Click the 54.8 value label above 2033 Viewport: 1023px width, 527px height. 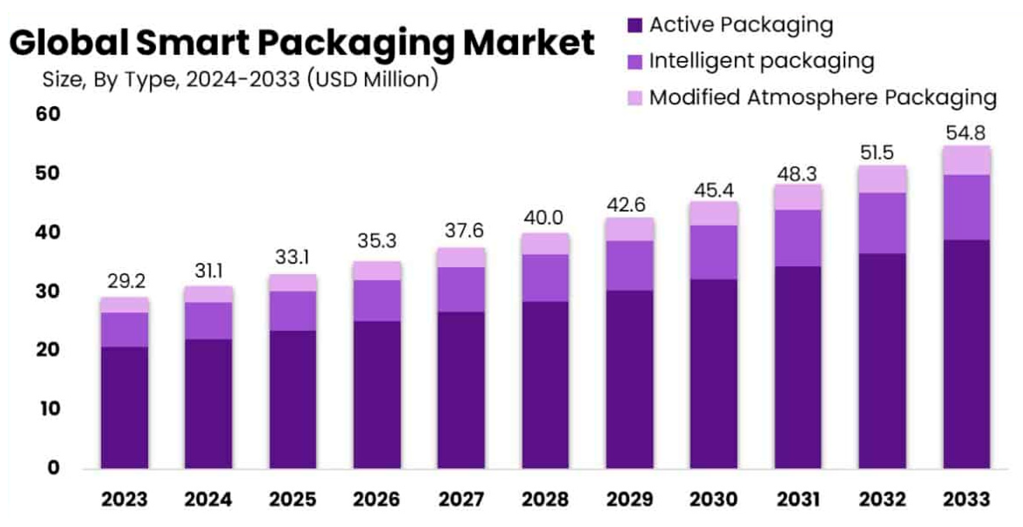point(965,133)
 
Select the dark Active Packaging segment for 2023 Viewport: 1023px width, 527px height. point(124,407)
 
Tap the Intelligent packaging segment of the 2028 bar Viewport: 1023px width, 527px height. point(545,278)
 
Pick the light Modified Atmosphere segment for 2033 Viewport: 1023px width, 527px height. point(966,161)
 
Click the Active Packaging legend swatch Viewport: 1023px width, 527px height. point(635,25)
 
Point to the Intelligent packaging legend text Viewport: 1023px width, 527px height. point(761,61)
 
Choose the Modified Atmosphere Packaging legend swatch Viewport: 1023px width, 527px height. point(635,98)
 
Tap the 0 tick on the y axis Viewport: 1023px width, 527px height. point(53,468)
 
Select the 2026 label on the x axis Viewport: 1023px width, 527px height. point(376,499)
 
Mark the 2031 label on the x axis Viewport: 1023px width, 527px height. point(798,499)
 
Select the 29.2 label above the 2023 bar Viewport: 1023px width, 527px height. point(126,281)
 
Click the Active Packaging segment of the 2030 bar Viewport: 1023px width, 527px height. point(714,373)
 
